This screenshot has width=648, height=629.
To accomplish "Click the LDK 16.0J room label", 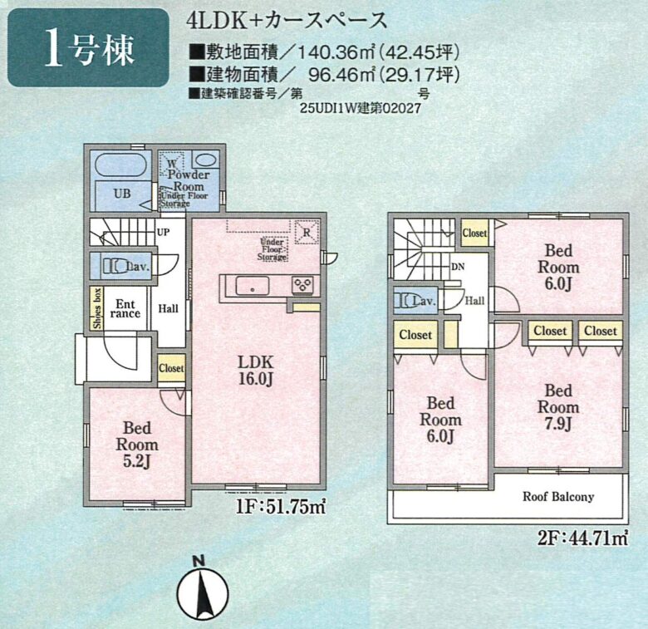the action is pos(256,371).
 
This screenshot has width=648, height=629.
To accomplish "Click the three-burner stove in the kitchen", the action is pos(302,285).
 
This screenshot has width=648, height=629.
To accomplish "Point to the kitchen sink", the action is pos(252,286).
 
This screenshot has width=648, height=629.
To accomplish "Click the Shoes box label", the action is pos(97,308).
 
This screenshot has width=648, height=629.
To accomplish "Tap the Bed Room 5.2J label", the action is pos(137,445).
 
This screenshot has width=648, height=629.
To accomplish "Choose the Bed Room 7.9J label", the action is pos(558,407).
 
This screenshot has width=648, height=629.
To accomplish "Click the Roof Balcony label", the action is pos(558,496).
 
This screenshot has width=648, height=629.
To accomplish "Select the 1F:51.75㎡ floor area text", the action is pos(280,507).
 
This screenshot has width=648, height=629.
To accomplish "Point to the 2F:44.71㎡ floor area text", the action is pos(583,539).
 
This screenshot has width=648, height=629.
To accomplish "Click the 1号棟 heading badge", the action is pos(88,47).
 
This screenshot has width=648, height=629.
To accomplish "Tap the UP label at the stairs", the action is pos(163,233).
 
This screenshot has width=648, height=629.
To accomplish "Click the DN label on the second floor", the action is pos(458,267).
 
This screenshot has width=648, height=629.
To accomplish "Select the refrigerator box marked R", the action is pos(307,233).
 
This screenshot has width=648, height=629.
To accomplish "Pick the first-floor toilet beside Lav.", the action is pos(114,267).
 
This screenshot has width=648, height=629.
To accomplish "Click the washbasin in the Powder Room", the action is pos(205,160).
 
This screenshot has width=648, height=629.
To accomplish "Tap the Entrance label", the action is pos(125,309).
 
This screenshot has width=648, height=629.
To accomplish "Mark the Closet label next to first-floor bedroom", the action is pos(171,368).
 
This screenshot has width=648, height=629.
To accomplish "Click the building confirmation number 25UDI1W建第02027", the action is pos(361,108).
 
